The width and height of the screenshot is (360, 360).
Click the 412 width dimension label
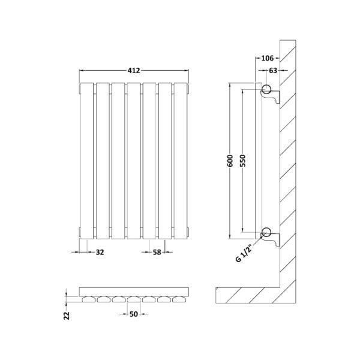click(134, 70)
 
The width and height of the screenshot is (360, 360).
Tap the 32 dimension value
click(100, 252)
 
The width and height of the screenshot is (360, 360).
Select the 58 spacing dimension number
click(157, 252)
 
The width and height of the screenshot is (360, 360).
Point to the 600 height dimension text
click(230, 161)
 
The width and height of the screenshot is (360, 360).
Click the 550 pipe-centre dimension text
click(242, 161)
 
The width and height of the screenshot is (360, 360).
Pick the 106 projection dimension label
click(268, 58)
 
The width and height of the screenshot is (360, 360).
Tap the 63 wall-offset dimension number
click(273, 70)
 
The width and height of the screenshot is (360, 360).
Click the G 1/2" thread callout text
click(244, 253)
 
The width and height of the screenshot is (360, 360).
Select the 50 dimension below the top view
click(134, 314)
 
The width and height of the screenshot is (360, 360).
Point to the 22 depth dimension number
click(67, 316)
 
